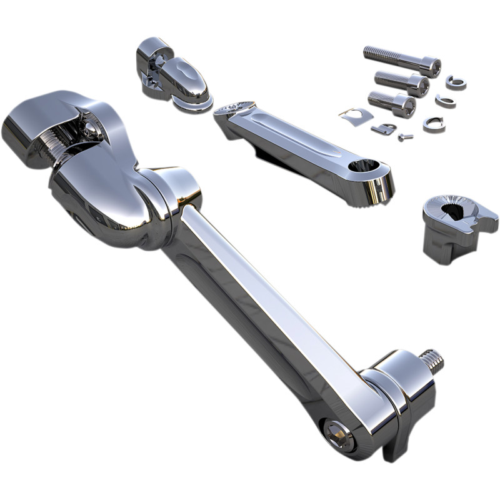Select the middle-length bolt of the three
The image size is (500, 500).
click(400, 81)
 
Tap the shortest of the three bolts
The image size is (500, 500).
click(391, 101)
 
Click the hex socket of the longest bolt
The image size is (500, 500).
click(433, 66)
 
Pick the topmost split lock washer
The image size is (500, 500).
click(456, 82)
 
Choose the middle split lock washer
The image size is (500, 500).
click(445, 101)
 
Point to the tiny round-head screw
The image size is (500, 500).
click(405, 136)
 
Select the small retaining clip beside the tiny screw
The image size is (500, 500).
click(383, 129)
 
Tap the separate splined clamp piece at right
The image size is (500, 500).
click(459, 226)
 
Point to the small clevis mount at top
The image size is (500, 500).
click(169, 76)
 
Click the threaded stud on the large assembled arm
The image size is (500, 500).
click(432, 361)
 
